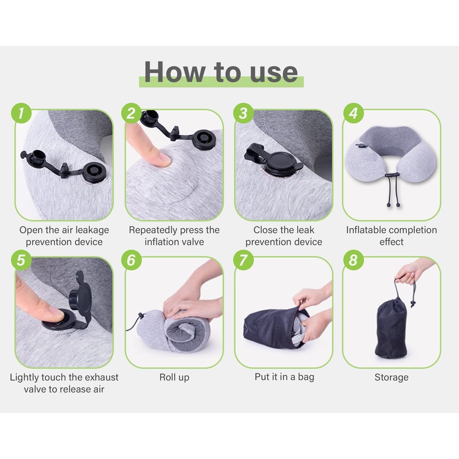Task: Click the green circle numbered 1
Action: [21, 113]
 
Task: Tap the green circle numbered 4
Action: [353, 113]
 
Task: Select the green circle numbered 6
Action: [131, 260]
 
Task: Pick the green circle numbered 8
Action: [353, 260]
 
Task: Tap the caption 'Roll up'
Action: [174, 377]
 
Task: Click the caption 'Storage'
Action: [391, 378]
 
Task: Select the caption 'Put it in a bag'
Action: [284, 377]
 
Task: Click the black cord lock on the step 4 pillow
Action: [392, 175]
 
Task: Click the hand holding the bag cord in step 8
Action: [410, 272]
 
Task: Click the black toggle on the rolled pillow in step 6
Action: [141, 316]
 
